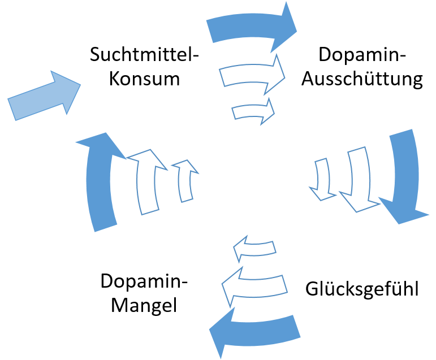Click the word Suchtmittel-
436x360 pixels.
click(145, 55)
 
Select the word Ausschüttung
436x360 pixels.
click(362, 79)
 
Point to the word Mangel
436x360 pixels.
click(144, 305)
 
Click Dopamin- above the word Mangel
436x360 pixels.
click(144, 281)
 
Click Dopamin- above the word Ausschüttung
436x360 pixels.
click(362, 55)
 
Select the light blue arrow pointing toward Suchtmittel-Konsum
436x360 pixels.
click(44, 96)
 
